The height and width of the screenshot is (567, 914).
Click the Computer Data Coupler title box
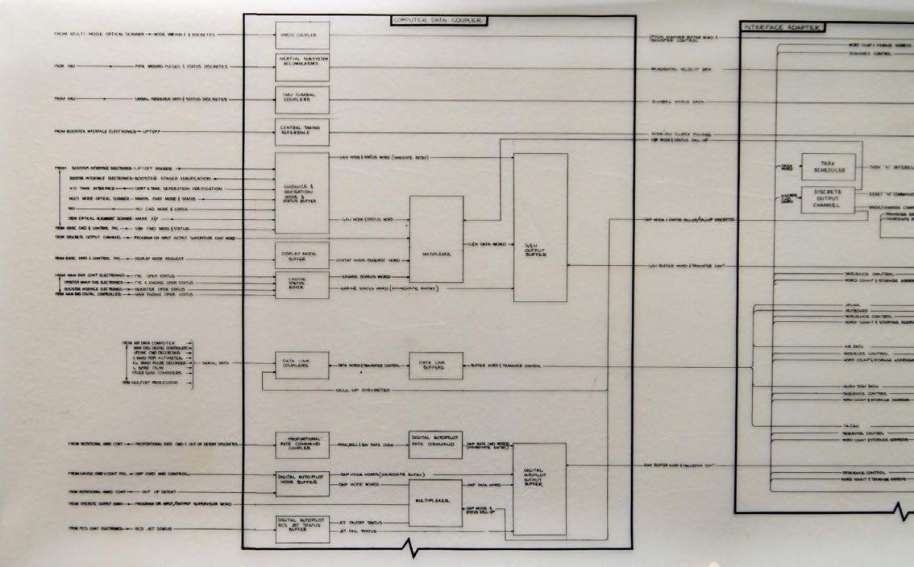(x=438, y=19)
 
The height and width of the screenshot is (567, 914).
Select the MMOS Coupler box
(x=302, y=35)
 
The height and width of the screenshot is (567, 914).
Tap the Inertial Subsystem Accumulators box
(x=302, y=66)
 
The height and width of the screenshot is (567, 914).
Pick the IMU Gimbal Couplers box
(x=302, y=100)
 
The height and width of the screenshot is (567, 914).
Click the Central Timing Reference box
(x=302, y=131)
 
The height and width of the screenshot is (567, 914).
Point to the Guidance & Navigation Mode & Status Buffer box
(x=302, y=193)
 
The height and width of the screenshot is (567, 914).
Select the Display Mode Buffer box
(x=302, y=255)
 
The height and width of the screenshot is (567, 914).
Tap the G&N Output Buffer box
(x=540, y=228)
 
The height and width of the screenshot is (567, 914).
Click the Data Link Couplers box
(x=302, y=366)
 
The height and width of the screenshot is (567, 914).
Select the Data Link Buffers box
(x=436, y=366)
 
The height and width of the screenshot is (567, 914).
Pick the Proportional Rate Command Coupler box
(x=302, y=444)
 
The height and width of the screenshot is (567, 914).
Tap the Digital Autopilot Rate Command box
(x=436, y=442)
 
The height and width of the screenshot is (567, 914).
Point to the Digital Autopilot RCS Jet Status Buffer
(x=302, y=527)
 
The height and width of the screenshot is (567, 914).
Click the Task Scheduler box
(x=827, y=168)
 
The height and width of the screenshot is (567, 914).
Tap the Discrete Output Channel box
(x=827, y=200)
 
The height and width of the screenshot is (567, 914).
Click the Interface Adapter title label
(x=781, y=27)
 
